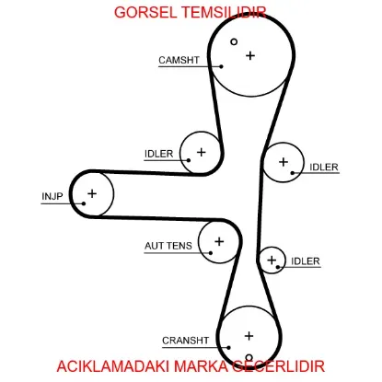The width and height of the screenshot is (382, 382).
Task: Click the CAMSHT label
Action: (x=179, y=60)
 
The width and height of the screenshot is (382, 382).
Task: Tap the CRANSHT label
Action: (x=186, y=341)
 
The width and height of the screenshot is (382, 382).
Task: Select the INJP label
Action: (x=52, y=196)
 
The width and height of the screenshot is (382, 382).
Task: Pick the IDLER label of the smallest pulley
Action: (x=306, y=261)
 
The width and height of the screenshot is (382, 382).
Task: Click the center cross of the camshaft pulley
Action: (x=250, y=55)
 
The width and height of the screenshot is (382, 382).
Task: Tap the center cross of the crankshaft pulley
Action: (x=249, y=336)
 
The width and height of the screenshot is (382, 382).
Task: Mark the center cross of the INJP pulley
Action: (x=92, y=193)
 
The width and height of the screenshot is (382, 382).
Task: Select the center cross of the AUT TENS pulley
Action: (x=219, y=241)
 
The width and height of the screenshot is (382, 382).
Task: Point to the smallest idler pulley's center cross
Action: (x=272, y=260)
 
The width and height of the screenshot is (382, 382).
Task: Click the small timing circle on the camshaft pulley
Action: (x=234, y=41)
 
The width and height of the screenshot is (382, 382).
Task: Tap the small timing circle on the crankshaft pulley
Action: (x=249, y=358)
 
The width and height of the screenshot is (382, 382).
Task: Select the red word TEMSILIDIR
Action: (x=224, y=13)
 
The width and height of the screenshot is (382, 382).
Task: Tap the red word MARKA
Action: (x=201, y=366)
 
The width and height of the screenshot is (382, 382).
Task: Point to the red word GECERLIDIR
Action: (x=278, y=366)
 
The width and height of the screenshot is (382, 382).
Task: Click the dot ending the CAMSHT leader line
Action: (x=221, y=66)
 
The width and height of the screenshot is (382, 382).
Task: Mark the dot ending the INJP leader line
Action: (x=84, y=203)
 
